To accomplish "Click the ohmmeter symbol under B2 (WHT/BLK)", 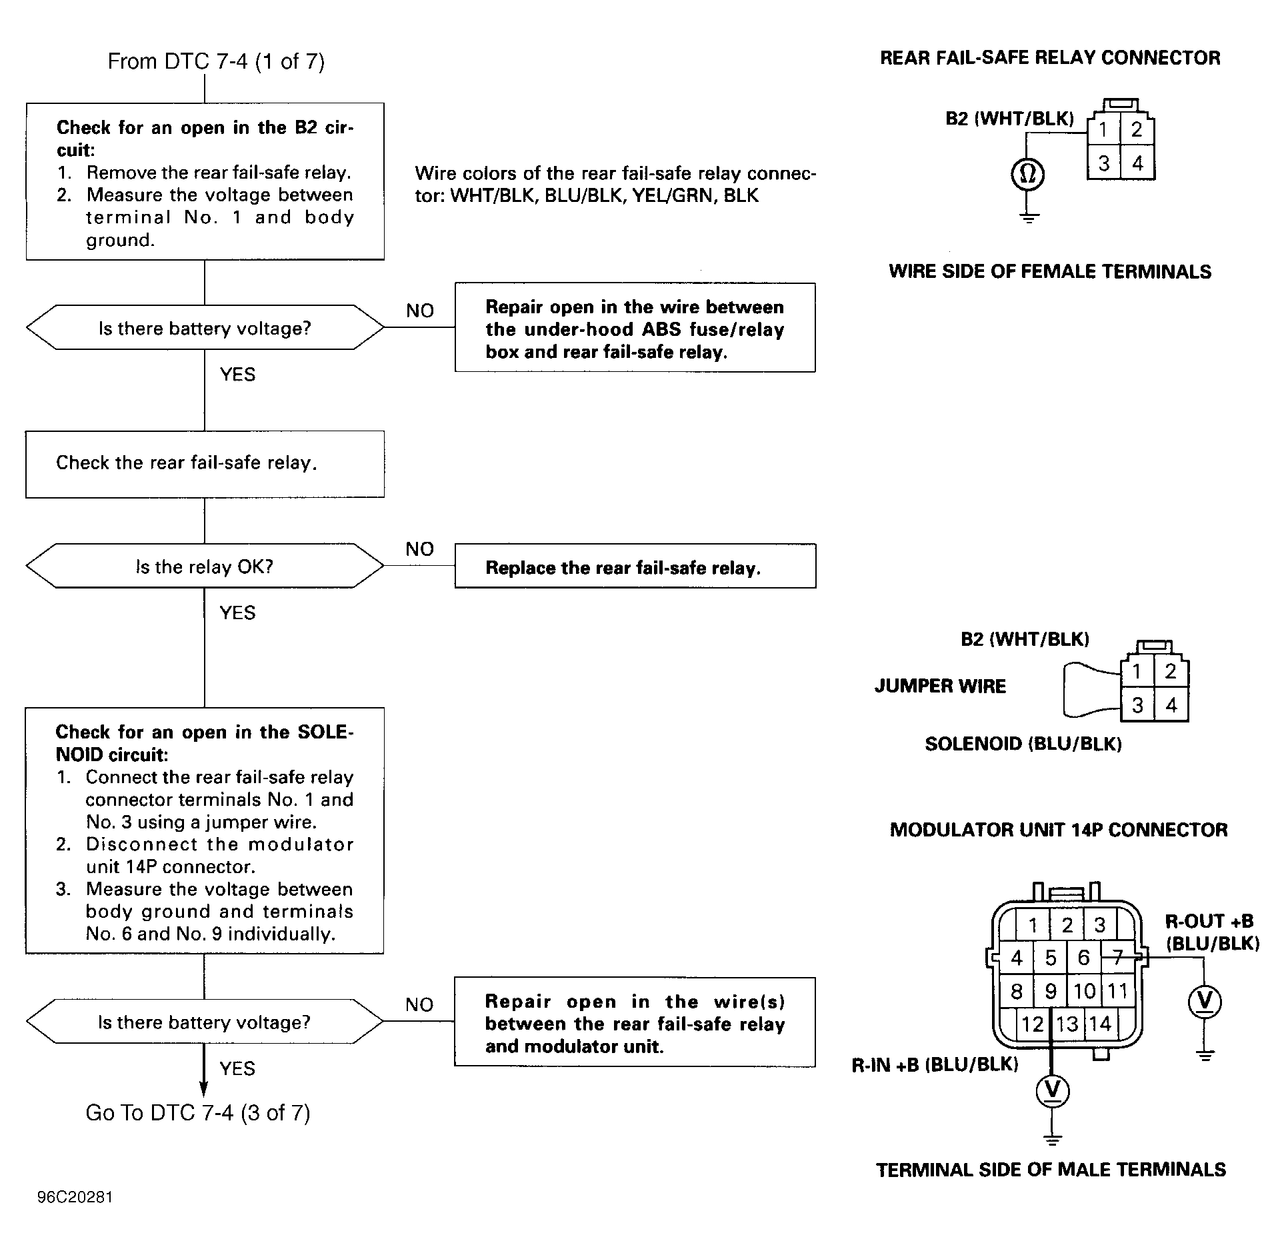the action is (x=1028, y=175).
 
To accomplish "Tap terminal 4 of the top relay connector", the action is (x=1138, y=163).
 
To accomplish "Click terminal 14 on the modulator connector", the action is (x=1101, y=1024).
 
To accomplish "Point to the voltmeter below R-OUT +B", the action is (x=1205, y=1001).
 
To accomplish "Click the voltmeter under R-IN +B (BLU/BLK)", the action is (x=1053, y=1090).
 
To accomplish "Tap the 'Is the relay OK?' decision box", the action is (x=205, y=566).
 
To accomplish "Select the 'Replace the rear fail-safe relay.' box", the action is (x=635, y=567).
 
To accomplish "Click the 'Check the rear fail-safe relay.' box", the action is (x=205, y=465).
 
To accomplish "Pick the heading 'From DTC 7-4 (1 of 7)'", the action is (x=216, y=61).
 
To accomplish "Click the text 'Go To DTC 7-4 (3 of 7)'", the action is (x=198, y=1113).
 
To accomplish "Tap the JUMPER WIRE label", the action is (x=940, y=686).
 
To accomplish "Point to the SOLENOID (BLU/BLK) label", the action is (x=1023, y=744).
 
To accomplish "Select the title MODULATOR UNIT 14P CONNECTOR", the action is (x=1059, y=830).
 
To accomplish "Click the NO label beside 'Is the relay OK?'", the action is (x=419, y=549).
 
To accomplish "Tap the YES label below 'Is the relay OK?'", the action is (x=237, y=613).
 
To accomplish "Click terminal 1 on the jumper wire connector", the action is (x=1137, y=671).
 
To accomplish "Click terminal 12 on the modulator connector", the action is (x=1033, y=1024).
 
